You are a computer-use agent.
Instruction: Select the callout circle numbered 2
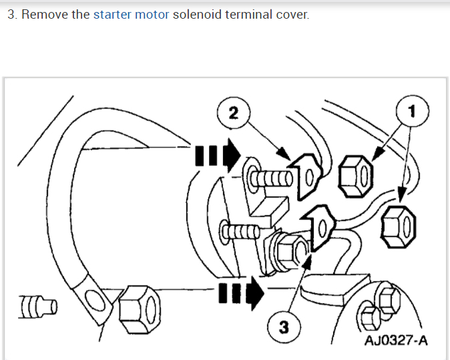pos(232,112)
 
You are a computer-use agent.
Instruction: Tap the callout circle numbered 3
pos(283,328)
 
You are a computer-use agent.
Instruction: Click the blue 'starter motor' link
pos(131,14)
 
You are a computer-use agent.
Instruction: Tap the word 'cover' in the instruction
pos(294,14)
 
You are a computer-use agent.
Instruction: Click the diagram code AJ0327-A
pos(396,341)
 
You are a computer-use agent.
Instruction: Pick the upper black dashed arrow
pos(218,155)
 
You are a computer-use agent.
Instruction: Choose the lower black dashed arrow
pos(241,293)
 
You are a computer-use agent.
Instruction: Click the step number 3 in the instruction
pos(11,14)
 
